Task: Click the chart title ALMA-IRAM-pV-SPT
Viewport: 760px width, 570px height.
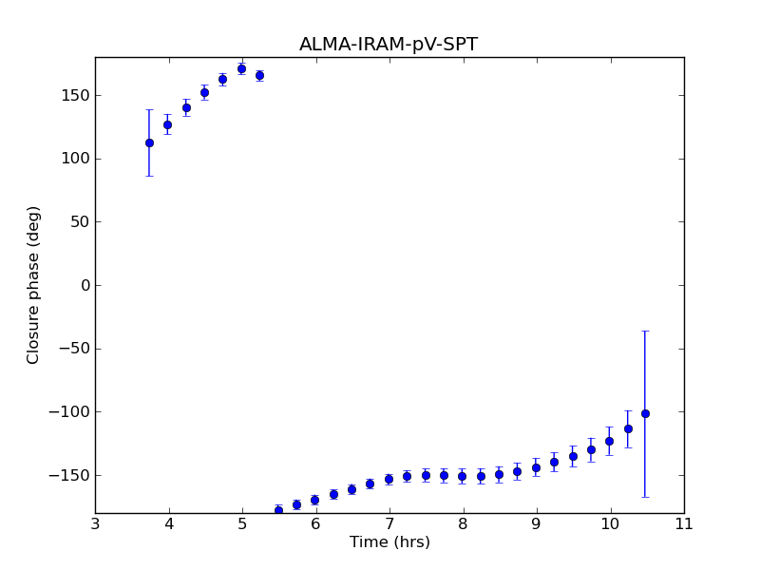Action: click(389, 45)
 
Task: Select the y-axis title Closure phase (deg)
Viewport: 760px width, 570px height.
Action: click(34, 285)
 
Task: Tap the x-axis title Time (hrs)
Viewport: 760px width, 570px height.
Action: click(389, 542)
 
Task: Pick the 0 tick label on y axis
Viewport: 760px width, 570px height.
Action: click(85, 285)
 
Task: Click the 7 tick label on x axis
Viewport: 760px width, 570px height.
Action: click(389, 523)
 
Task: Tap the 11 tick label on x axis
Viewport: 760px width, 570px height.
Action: click(684, 523)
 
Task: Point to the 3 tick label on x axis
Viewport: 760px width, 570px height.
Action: click(95, 523)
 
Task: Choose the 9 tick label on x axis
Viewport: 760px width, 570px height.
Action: click(537, 523)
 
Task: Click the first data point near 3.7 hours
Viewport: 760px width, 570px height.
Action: click(149, 142)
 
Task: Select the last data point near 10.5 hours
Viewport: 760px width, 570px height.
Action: click(645, 413)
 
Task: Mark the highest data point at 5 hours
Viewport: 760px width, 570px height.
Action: click(241, 68)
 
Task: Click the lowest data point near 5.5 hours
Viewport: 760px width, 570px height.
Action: click(278, 510)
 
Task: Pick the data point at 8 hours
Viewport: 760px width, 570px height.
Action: click(463, 476)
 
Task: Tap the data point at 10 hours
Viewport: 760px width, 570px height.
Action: click(609, 441)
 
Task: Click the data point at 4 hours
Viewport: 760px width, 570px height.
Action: click(167, 124)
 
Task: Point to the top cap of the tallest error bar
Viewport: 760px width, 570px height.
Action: click(645, 331)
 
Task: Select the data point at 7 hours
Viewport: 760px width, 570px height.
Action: click(389, 479)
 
